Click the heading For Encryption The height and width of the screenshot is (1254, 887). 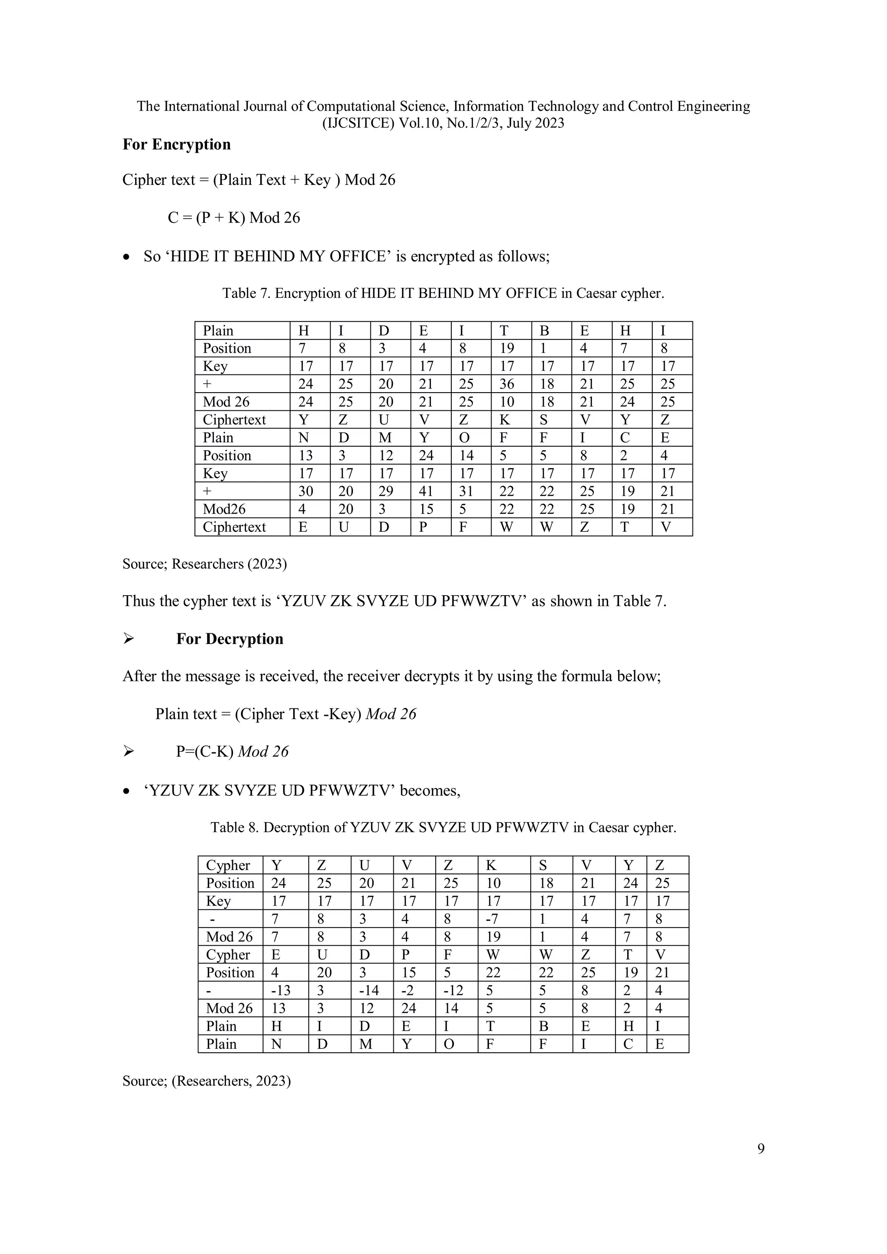(177, 145)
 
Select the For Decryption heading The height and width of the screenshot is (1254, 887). (230, 639)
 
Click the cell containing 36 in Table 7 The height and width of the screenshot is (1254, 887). (507, 384)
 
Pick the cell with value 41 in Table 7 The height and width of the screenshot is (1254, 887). (426, 491)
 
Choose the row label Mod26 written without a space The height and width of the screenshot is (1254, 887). (224, 509)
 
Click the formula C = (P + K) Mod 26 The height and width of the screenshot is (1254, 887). (234, 218)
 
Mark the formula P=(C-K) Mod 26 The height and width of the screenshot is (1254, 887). (232, 751)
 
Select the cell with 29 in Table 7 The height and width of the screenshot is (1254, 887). (385, 491)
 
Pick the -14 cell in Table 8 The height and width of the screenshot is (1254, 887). (367, 990)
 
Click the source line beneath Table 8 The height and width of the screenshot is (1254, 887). (207, 1081)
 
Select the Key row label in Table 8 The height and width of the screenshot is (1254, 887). (219, 901)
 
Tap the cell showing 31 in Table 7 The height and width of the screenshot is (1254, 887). (466, 491)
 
